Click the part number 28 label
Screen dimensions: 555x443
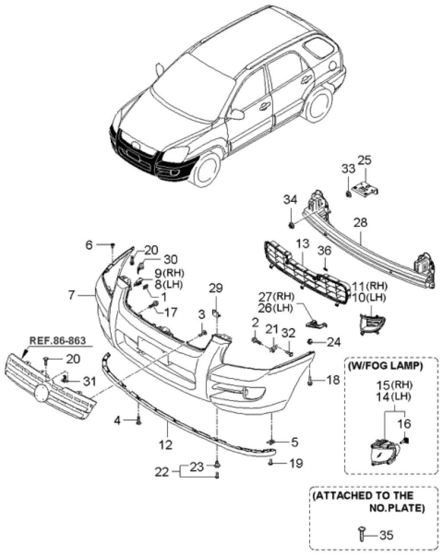360,223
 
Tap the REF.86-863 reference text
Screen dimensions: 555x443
57,339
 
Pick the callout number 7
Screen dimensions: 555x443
71,296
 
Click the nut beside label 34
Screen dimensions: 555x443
291,224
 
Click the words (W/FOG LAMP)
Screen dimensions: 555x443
384,367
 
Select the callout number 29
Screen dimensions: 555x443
216,287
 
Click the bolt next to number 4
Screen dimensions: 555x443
138,419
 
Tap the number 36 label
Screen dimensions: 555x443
324,250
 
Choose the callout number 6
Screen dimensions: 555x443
89,245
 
